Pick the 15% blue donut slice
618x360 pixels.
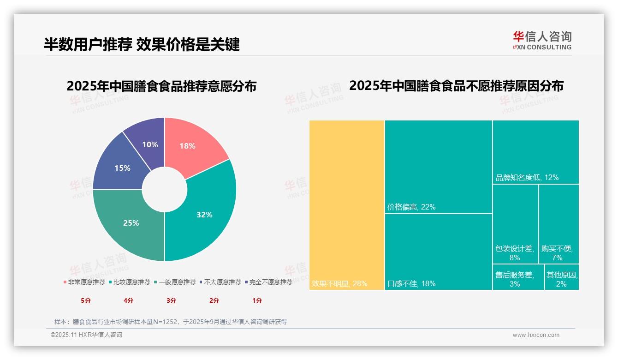pyautogui.click(x=120, y=166)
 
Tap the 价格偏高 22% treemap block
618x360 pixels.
pyautogui.click(x=439, y=167)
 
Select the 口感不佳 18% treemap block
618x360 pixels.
pyautogui.click(x=439, y=252)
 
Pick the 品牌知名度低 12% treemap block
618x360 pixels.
pyautogui.click(x=535, y=152)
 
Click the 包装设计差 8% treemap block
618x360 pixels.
pyautogui.click(x=515, y=224)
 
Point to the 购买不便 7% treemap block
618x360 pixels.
pyautogui.click(x=559, y=224)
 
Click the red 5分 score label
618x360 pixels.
pyautogui.click(x=86, y=300)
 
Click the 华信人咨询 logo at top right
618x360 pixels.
pyautogui.click(x=542, y=40)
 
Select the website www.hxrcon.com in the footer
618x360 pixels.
pyautogui.click(x=536, y=335)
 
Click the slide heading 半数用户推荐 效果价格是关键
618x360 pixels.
pyautogui.click(x=142, y=44)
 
